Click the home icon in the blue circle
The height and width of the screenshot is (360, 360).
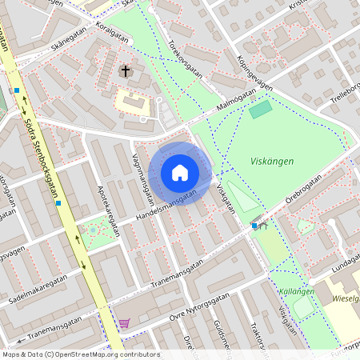pos(179,173)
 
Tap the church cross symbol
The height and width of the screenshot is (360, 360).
pos(125,72)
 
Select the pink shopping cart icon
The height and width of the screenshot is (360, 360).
pos(124,323)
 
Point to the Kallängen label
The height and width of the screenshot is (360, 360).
pos(296,292)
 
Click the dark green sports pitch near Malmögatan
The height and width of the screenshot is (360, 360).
pos(260,110)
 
